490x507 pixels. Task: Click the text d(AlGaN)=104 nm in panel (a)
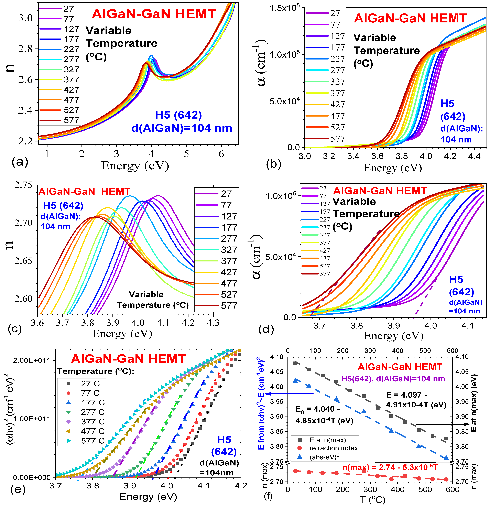(x=182, y=128)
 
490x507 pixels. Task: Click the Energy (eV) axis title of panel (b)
(x=392, y=168)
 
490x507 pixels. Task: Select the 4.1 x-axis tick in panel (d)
(x=467, y=325)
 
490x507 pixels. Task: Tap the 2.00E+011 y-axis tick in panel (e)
(x=29, y=360)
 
